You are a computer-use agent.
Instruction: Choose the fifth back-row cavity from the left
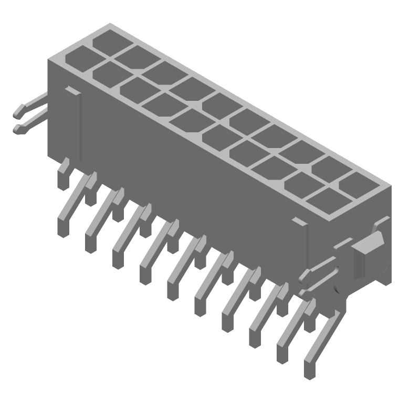point(218,103)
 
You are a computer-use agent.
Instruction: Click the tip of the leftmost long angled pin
point(64,229)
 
